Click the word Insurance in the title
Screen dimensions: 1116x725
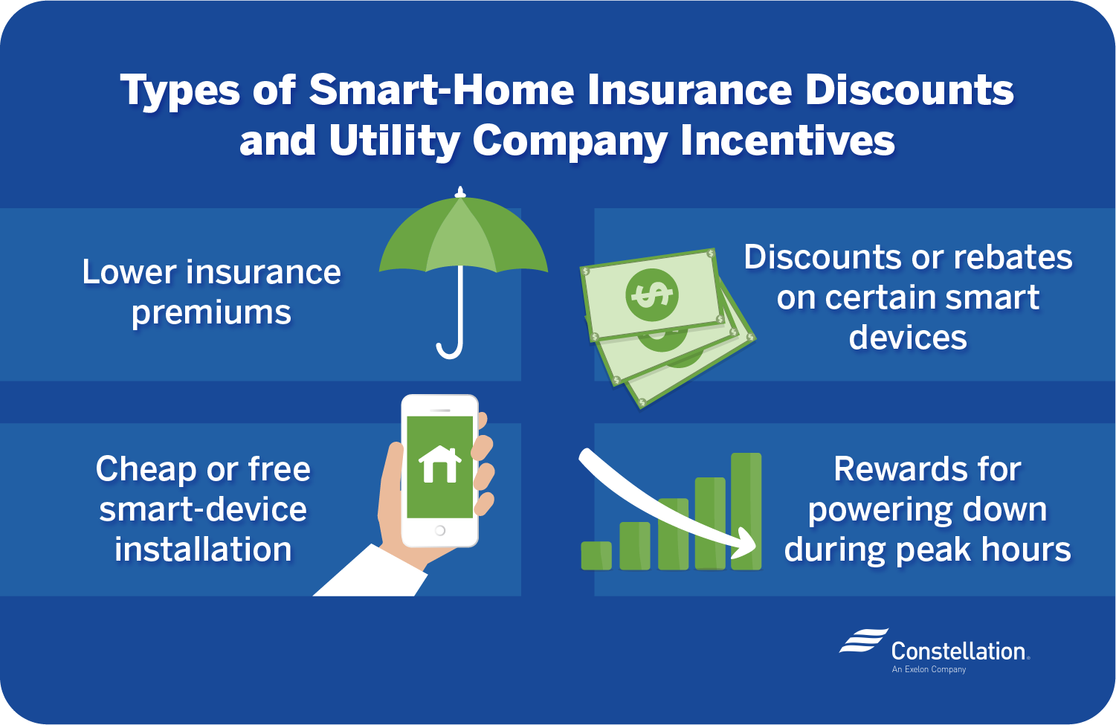[689, 90]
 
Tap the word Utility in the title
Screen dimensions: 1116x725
[393, 141]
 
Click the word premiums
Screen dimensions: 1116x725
[211, 314]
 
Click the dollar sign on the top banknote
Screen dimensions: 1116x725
[651, 295]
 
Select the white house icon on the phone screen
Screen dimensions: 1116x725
[439, 464]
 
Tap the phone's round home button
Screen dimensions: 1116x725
[440, 531]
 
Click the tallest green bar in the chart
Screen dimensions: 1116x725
[746, 512]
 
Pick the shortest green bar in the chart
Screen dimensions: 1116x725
[596, 555]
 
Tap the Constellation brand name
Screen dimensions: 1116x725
[960, 651]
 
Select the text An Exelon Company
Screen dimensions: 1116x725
[929, 669]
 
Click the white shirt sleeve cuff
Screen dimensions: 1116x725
[371, 571]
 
